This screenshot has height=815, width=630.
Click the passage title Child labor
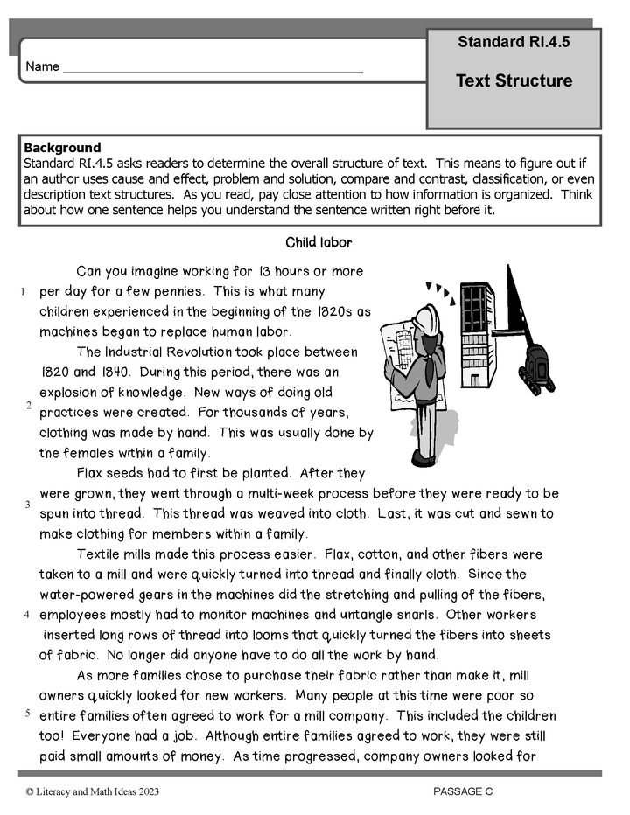(x=318, y=242)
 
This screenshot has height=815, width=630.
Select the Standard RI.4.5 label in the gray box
(x=513, y=42)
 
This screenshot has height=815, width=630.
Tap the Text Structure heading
(x=514, y=81)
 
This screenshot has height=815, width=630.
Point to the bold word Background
(x=62, y=148)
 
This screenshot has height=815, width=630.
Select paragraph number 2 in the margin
(x=28, y=405)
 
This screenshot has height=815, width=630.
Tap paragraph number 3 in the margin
(x=28, y=505)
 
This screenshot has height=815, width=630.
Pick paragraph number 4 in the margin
(x=28, y=614)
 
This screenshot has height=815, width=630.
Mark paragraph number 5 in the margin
(x=28, y=713)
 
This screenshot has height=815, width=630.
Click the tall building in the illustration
(x=478, y=332)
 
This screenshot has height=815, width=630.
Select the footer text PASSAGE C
(x=463, y=791)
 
